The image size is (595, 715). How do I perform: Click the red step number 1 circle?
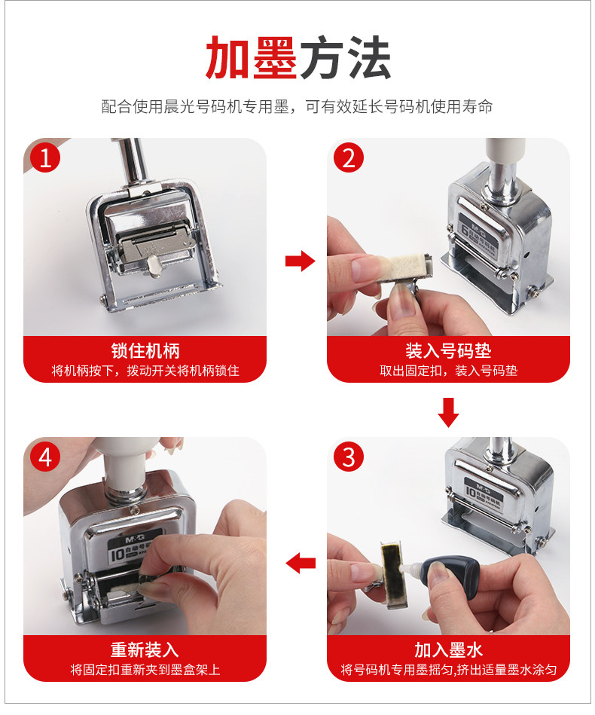pos(45,157)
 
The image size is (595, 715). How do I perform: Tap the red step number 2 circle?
pos(349,157)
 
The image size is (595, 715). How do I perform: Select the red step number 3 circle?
pos(349,457)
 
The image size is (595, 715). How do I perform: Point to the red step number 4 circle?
pos(45,457)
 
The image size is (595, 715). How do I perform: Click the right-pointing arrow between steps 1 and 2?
pos(300,261)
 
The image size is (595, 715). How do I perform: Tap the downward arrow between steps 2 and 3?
pos(448,413)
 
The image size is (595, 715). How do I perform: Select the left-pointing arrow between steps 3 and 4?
pos(301,563)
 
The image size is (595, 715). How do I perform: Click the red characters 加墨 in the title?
pos(252,58)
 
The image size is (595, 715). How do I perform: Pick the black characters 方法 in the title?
pos(345,58)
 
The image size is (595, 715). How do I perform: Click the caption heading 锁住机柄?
pos(145,350)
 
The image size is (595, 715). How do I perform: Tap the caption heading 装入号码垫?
pos(448,350)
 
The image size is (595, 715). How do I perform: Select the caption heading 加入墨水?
pos(448,649)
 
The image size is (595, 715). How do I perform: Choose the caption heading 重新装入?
pos(145,649)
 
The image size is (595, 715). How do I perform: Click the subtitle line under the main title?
pos(297,107)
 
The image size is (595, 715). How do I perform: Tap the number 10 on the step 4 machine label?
pos(117,555)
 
